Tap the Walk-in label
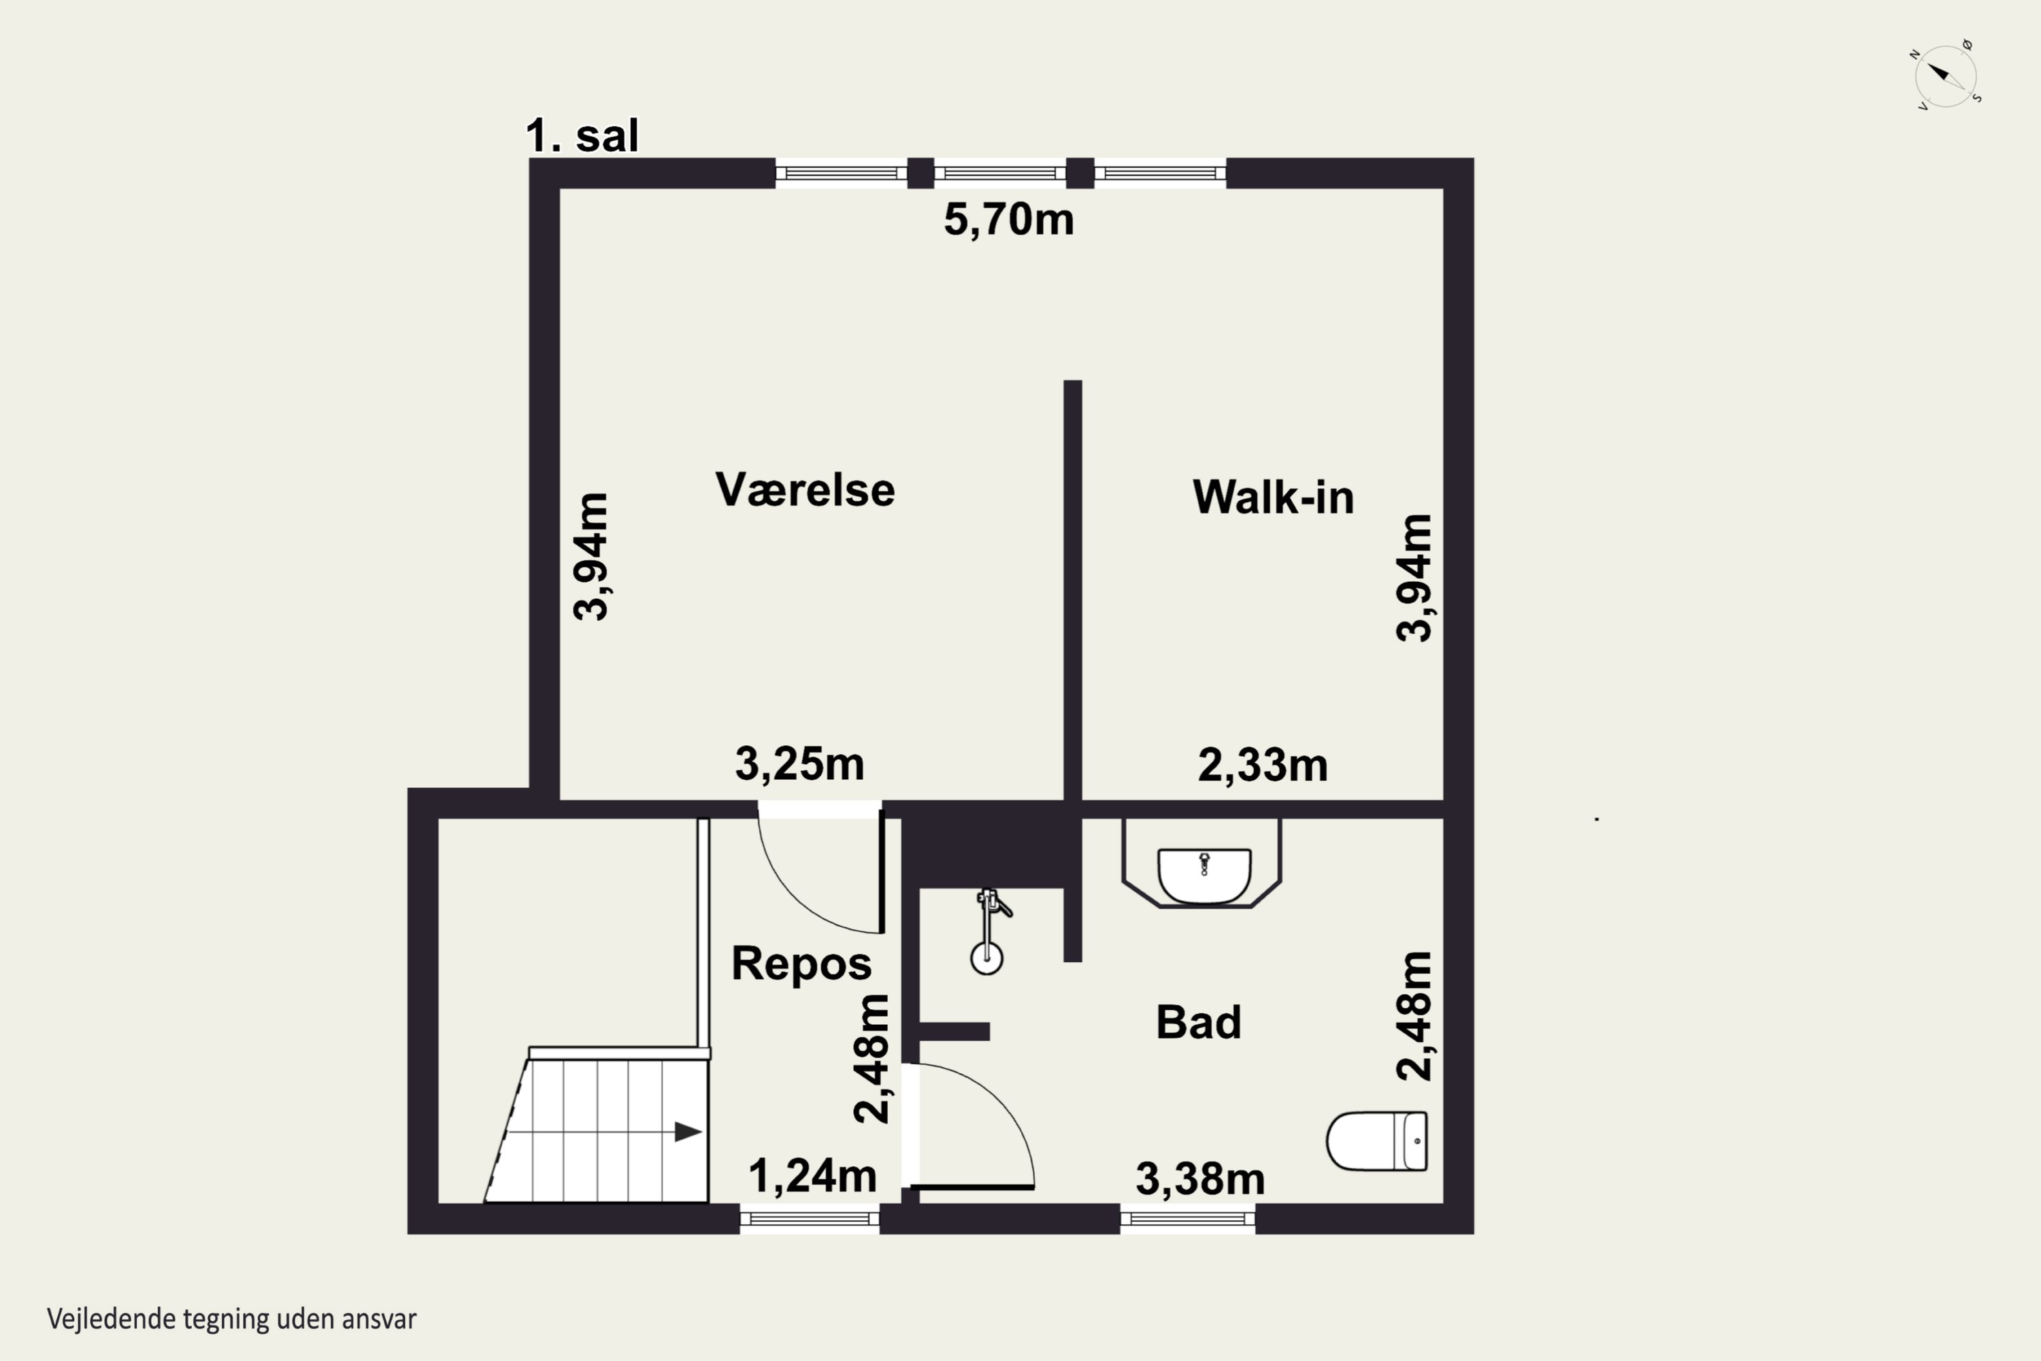[1272, 497]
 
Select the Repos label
[801, 964]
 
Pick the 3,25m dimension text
[799, 764]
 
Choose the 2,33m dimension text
[1263, 766]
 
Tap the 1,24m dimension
[812, 1176]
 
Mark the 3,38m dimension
[1200, 1179]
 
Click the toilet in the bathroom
[1376, 1141]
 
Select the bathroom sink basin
[1204, 876]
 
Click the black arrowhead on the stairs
[688, 1132]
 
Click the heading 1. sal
[582, 136]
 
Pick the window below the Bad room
[1188, 1219]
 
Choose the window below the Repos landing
[810, 1219]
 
